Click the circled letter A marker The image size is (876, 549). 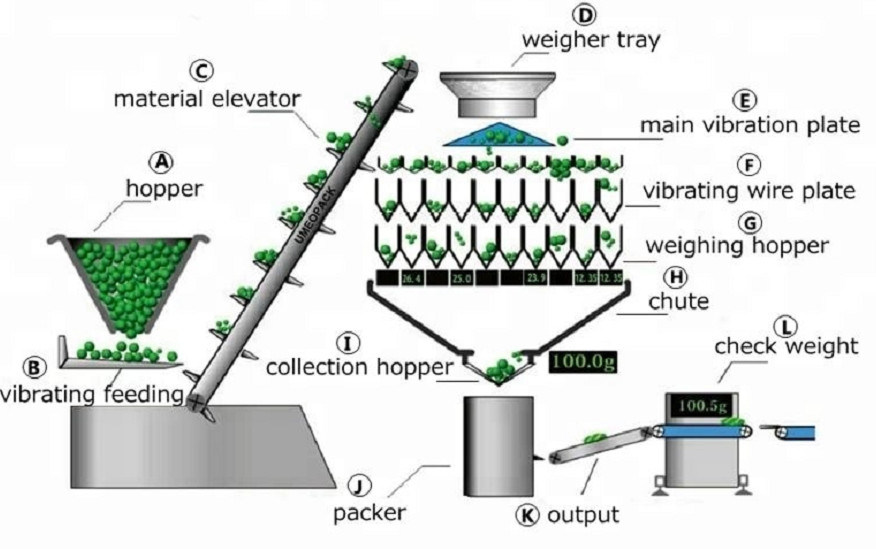tap(159, 161)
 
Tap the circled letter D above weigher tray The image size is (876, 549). tap(584, 15)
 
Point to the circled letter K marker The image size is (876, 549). tap(526, 516)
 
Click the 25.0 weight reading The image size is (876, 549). tap(461, 277)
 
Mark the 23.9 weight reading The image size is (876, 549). tap(536, 278)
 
